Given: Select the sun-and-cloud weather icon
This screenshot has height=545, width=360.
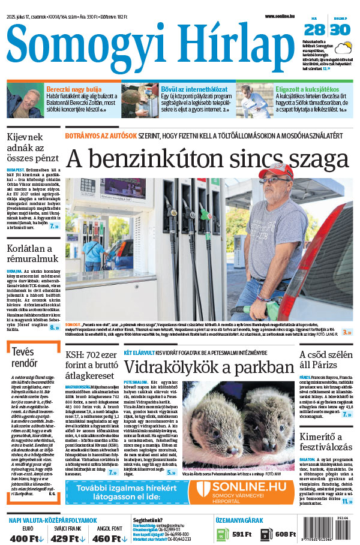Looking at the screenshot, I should click(343, 47).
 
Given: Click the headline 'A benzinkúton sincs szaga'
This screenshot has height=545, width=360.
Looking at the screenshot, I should click(206, 158).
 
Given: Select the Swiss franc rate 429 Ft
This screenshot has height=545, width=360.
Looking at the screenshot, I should click(65, 538).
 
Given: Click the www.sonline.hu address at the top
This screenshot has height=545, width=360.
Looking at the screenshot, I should click(281, 16).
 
